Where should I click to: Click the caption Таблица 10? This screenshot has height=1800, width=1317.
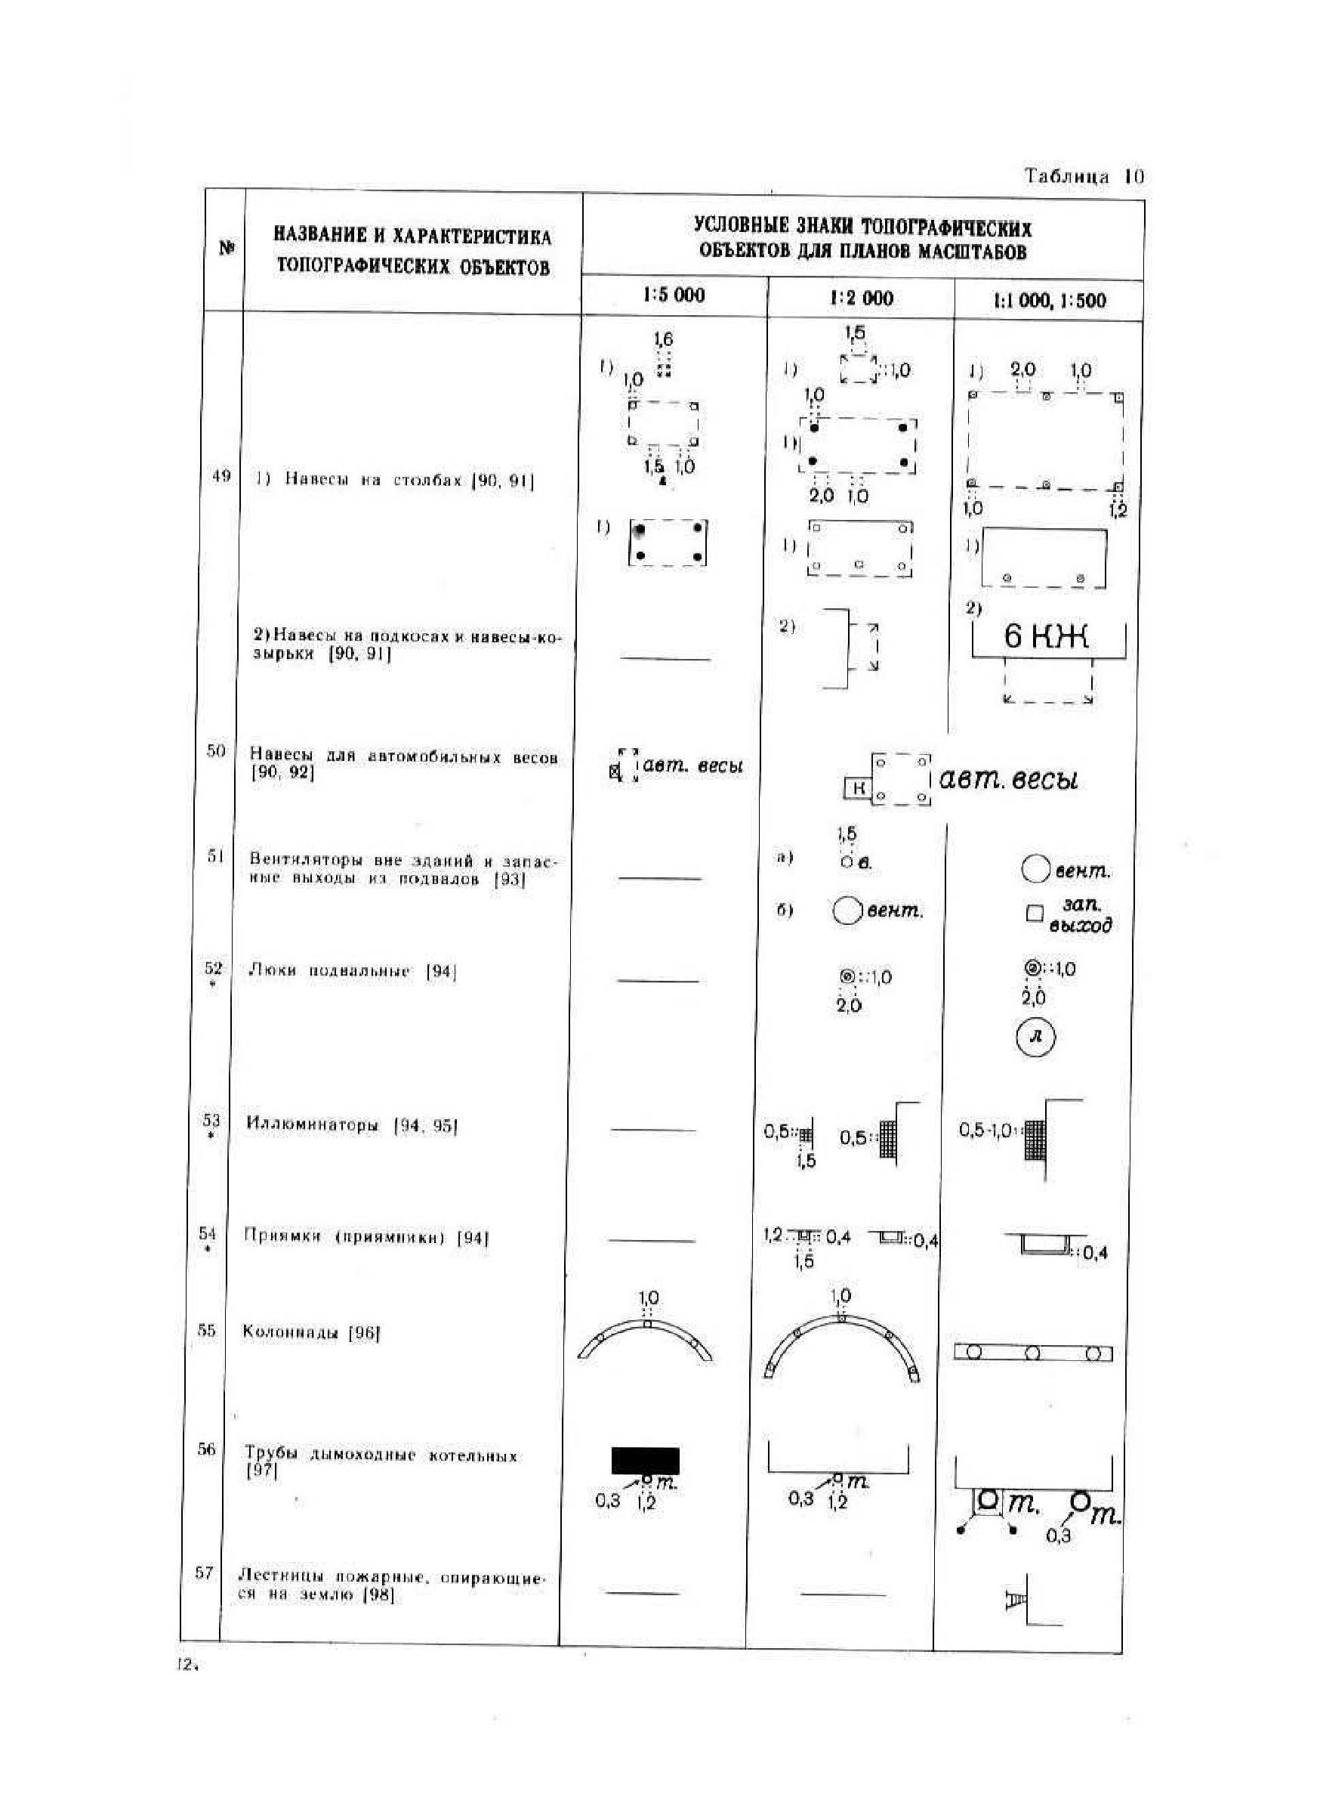(1084, 176)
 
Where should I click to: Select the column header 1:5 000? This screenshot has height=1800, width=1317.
(674, 295)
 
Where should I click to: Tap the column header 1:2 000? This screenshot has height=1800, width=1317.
(861, 298)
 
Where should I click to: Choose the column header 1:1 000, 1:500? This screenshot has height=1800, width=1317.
(1049, 301)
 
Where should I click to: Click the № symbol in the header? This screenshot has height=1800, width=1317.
(227, 249)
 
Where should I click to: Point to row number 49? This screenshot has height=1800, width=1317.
(221, 476)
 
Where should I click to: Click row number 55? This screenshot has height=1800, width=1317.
(206, 1328)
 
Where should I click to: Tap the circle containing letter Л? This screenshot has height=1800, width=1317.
(1035, 1037)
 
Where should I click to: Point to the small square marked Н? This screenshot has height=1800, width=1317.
(859, 788)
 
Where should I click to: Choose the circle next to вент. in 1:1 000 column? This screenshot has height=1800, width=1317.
(1034, 869)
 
